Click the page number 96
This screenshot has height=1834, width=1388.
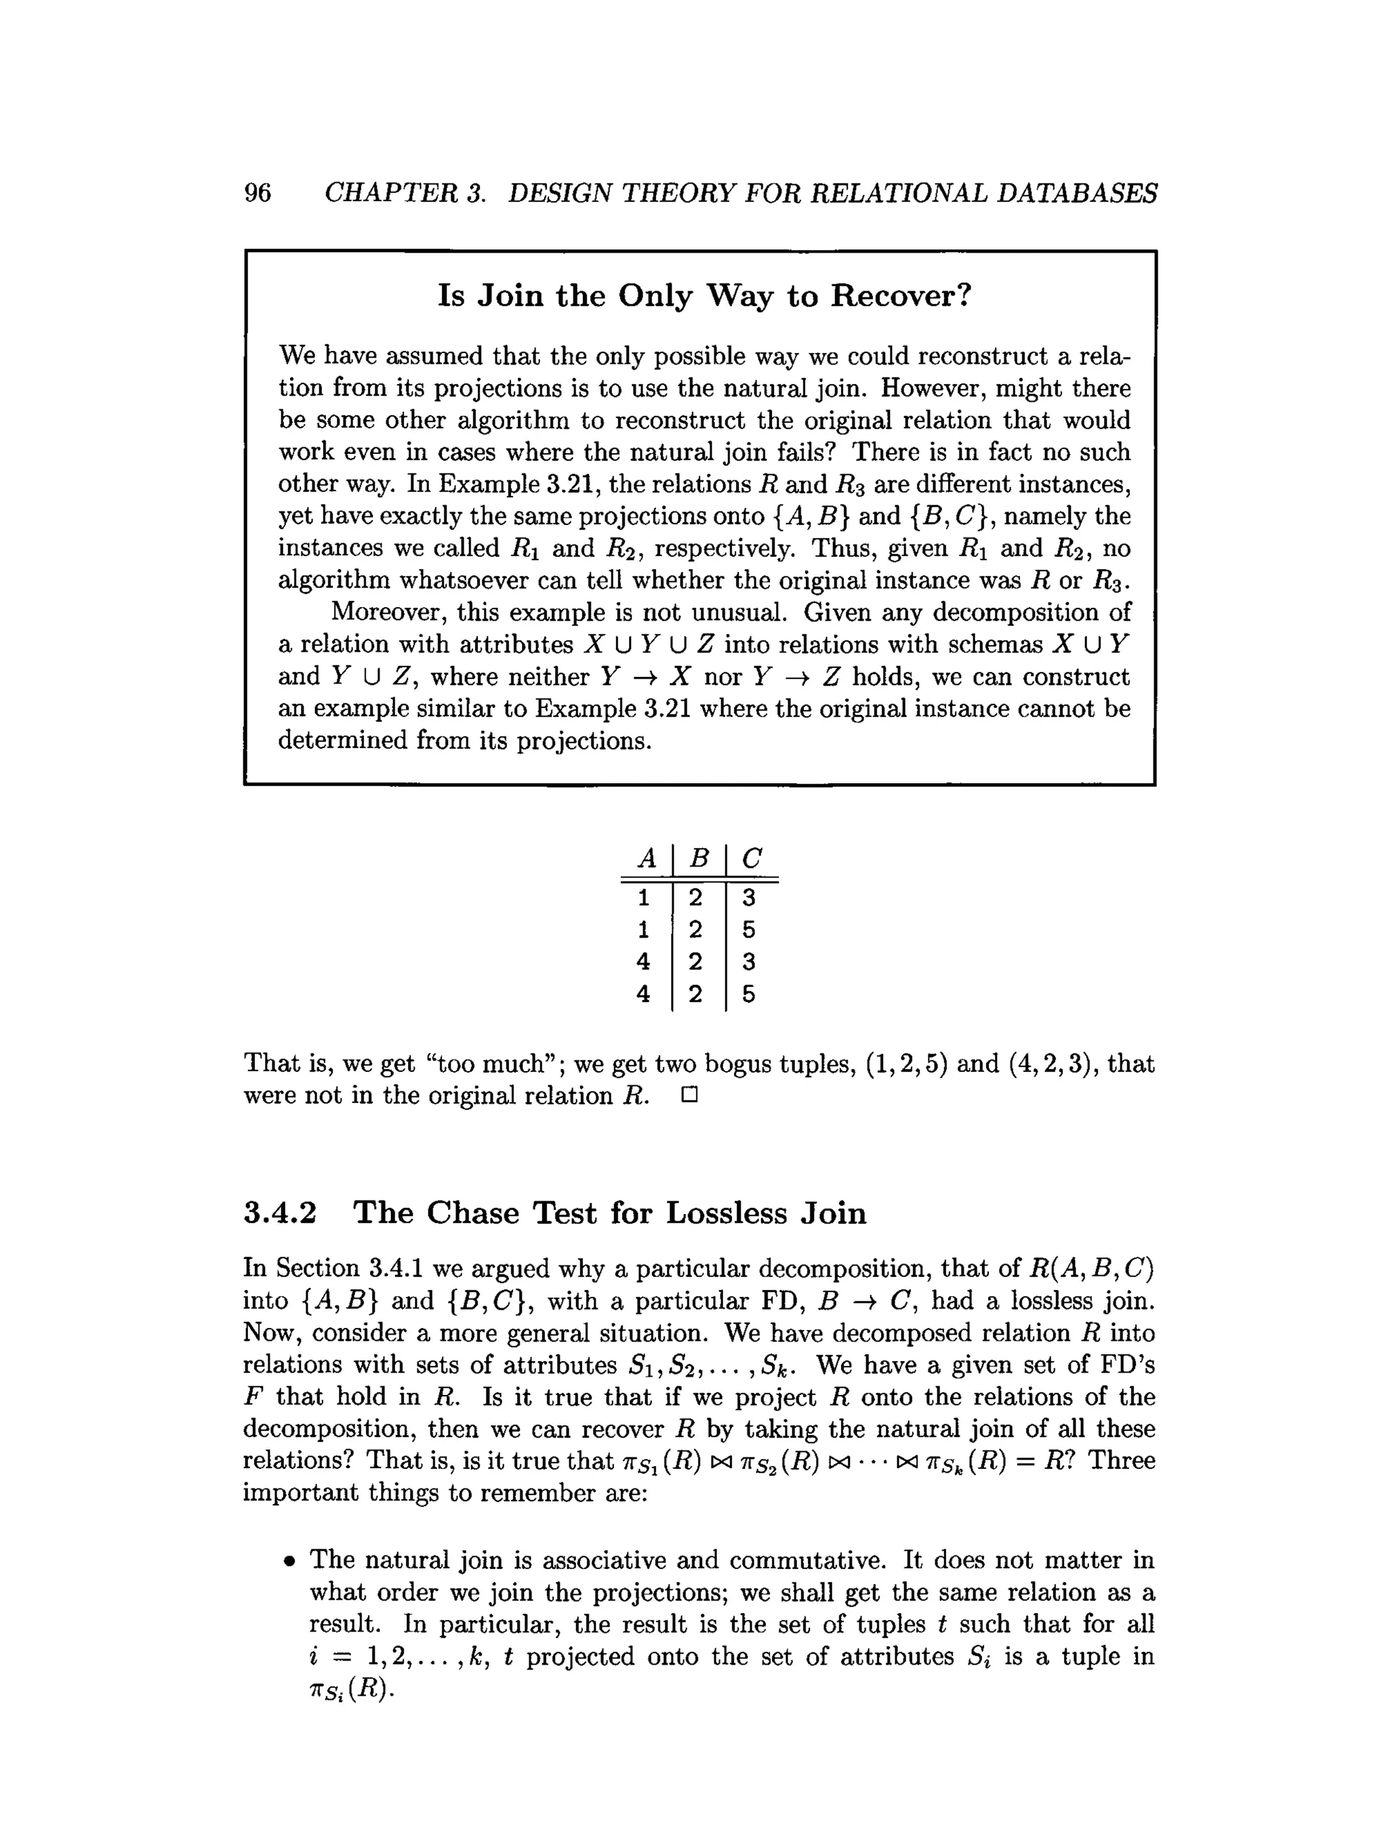click(x=257, y=193)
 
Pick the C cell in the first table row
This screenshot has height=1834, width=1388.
click(x=749, y=898)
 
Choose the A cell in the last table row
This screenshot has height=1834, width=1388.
click(x=643, y=994)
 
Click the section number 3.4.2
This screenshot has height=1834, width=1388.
click(x=281, y=1213)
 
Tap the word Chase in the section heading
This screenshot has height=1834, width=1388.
click(x=472, y=1213)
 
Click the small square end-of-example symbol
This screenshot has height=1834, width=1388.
click(x=689, y=1096)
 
